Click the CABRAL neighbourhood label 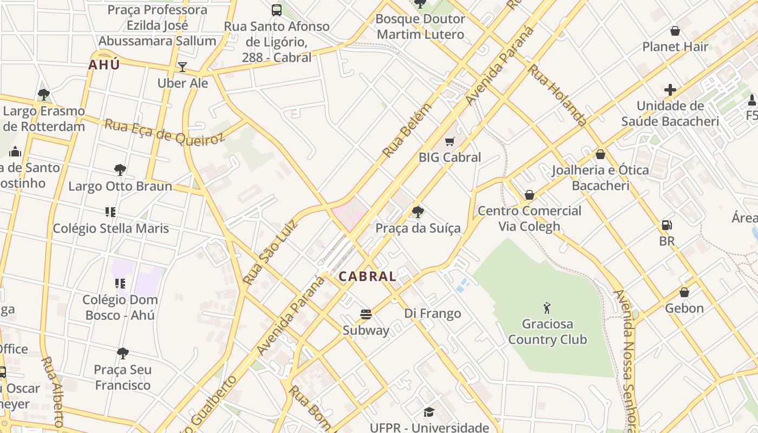[x=368, y=277]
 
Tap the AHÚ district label [x=104, y=65]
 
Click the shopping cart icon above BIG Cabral [x=449, y=142]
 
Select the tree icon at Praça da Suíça [x=417, y=212]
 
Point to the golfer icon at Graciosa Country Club [x=547, y=308]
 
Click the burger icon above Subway [x=366, y=314]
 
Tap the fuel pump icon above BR [x=667, y=225]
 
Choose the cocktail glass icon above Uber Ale [x=182, y=67]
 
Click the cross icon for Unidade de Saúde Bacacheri [x=670, y=90]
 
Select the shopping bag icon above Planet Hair [x=675, y=31]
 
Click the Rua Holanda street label [x=557, y=95]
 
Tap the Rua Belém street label [x=408, y=130]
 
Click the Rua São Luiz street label [x=271, y=252]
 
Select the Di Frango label [x=433, y=313]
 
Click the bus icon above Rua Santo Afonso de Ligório [x=277, y=10]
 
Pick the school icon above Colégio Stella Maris [x=110, y=212]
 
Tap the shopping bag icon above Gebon [x=684, y=293]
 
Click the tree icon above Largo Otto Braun [x=120, y=170]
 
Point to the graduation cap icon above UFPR [x=429, y=412]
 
